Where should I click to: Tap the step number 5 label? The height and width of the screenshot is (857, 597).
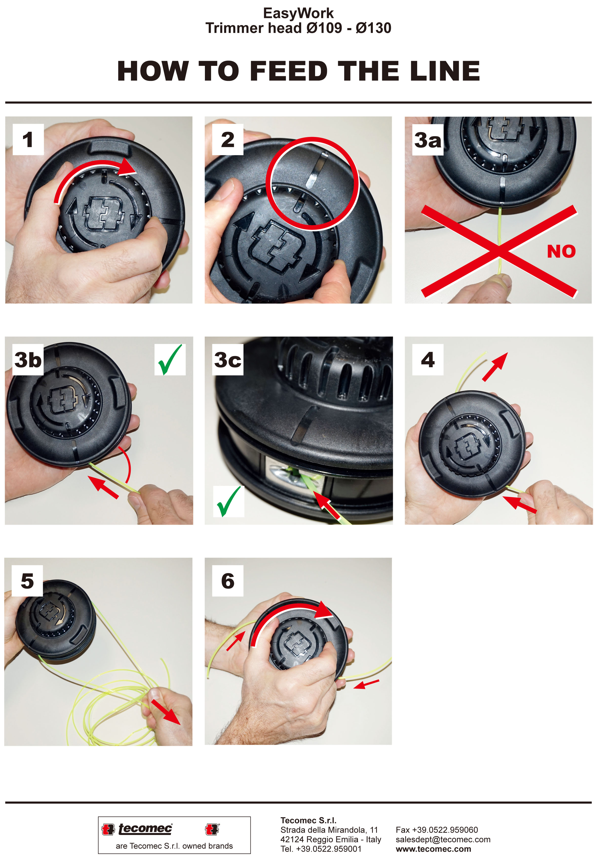[27, 581]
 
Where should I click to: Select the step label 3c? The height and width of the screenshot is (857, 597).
[228, 360]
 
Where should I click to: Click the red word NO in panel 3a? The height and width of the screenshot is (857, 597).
[561, 251]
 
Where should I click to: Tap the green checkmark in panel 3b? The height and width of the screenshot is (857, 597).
[170, 359]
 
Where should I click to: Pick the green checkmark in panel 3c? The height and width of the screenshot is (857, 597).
[228, 501]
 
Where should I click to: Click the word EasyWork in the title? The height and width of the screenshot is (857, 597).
[298, 13]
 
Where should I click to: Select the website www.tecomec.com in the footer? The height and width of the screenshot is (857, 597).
[433, 849]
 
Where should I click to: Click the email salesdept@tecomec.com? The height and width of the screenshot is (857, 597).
[443, 840]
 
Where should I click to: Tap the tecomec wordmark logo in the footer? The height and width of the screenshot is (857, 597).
[145, 829]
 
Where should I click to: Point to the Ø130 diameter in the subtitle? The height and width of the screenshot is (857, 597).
[373, 28]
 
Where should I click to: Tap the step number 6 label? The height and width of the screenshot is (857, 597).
[228, 581]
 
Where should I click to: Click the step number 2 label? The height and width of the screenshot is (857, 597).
[228, 140]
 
